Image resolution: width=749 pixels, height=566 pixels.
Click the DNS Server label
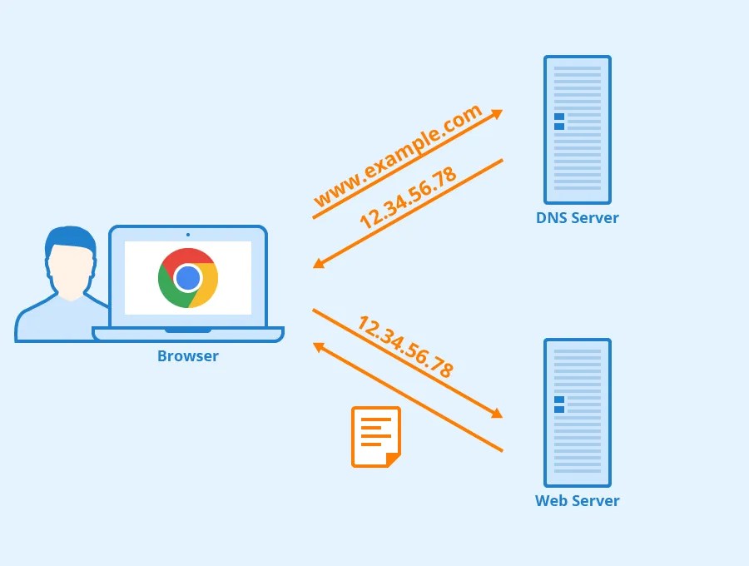pyautogui.click(x=577, y=218)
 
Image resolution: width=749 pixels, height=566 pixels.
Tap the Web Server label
pyautogui.click(x=577, y=501)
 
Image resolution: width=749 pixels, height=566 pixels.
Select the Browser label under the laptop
pyautogui.click(x=188, y=356)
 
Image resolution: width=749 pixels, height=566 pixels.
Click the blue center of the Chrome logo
pyautogui.click(x=188, y=278)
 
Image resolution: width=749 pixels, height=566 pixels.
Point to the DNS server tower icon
pyautogui.click(x=577, y=130)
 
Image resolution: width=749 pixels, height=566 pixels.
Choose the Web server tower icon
pyautogui.click(x=577, y=413)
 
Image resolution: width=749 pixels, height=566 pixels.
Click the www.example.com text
pyautogui.click(x=397, y=156)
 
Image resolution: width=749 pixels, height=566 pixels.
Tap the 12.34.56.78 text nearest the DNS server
pyautogui.click(x=408, y=198)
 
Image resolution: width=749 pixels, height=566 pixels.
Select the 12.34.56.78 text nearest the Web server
pyautogui.click(x=405, y=347)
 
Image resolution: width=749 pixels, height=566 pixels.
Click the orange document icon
pyautogui.click(x=375, y=436)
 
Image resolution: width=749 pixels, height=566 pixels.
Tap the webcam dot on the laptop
pyautogui.click(x=188, y=235)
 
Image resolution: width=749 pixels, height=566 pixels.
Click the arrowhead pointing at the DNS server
pyautogui.click(x=497, y=113)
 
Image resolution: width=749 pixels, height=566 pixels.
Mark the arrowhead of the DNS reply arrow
pyautogui.click(x=319, y=264)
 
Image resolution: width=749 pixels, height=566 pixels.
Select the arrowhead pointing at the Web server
pyautogui.click(x=497, y=414)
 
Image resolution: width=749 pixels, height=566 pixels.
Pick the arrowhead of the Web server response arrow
pyautogui.click(x=319, y=345)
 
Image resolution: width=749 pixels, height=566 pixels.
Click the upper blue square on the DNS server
pyautogui.click(x=559, y=117)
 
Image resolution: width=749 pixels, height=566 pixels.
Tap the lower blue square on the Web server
pyautogui.click(x=559, y=410)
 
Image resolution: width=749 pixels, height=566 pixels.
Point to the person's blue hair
pyautogui.click(x=71, y=238)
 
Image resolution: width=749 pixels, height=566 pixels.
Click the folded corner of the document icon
pyautogui.click(x=394, y=459)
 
